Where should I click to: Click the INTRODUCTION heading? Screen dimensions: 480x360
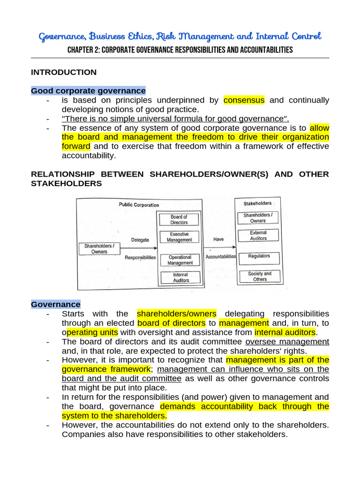[64, 72]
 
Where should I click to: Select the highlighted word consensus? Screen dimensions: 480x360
[244, 100]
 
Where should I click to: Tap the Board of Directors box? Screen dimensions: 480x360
[179, 219]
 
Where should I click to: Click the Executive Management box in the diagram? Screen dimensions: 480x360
[179, 237]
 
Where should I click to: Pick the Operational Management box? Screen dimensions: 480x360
[180, 260]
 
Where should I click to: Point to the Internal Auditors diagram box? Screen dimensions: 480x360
[180, 277]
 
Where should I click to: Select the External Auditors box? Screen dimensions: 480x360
[258, 235]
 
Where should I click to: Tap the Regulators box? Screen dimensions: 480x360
[259, 256]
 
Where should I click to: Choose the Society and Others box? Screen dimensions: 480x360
[260, 276]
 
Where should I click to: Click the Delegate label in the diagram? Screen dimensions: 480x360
[140, 240]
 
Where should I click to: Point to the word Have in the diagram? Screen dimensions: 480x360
[218, 239]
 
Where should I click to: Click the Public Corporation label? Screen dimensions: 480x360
[139, 205]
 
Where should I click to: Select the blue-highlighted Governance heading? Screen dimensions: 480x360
[56, 304]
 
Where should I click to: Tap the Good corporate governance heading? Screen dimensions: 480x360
[88, 90]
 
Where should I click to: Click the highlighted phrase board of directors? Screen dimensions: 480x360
[172, 323]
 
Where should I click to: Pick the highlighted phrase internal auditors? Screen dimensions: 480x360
[285, 332]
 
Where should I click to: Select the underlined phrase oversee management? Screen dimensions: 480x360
[287, 342]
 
